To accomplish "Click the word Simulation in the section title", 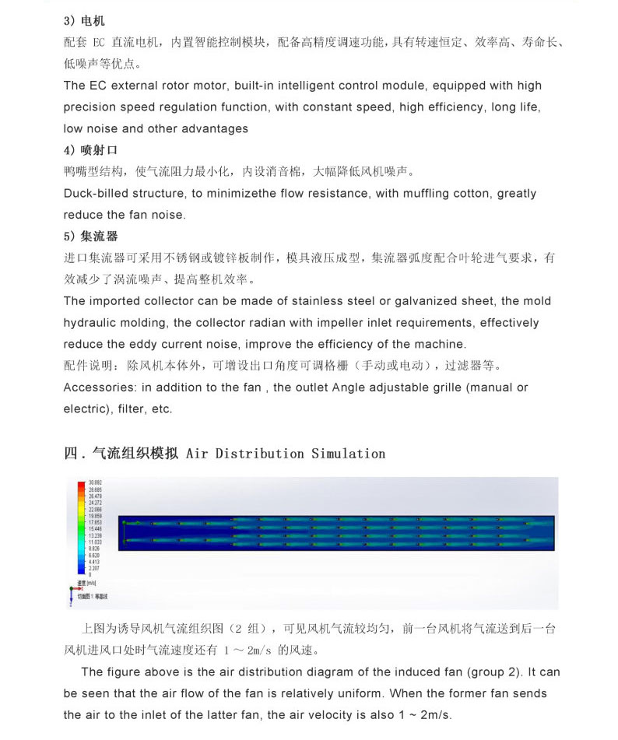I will pyautogui.click(x=348, y=453).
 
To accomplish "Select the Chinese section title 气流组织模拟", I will pyautogui.click(x=135, y=453).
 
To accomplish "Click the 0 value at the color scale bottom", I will pyautogui.click(x=90, y=573).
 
